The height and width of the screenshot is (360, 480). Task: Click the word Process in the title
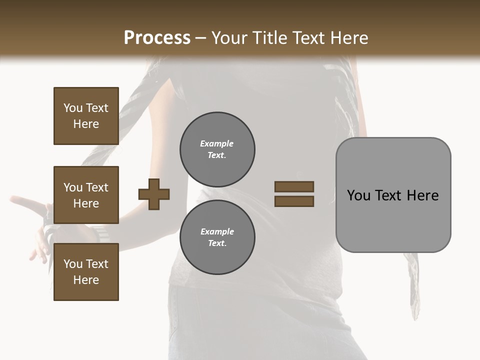coord(157,38)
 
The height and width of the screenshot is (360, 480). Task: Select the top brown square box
coord(86,116)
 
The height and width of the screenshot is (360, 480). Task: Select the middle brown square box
coord(86,195)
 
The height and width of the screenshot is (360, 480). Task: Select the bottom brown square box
coord(86,272)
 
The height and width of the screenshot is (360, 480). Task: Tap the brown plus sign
coord(154,194)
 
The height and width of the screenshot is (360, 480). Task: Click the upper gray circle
coord(217,149)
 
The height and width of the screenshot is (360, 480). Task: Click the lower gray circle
coord(217,237)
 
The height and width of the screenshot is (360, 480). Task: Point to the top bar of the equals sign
coord(294,187)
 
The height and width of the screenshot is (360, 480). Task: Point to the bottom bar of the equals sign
coord(294,201)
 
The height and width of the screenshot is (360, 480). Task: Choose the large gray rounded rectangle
coord(393,195)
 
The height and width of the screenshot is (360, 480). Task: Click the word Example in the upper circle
coord(217,144)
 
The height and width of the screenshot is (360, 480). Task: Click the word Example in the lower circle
coord(217,232)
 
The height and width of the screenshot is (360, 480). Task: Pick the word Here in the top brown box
coord(86,124)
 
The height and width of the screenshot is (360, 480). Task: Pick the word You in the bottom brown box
coord(73,264)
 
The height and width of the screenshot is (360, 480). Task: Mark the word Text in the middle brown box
coord(97,187)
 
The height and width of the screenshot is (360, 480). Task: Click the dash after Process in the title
coord(200,38)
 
